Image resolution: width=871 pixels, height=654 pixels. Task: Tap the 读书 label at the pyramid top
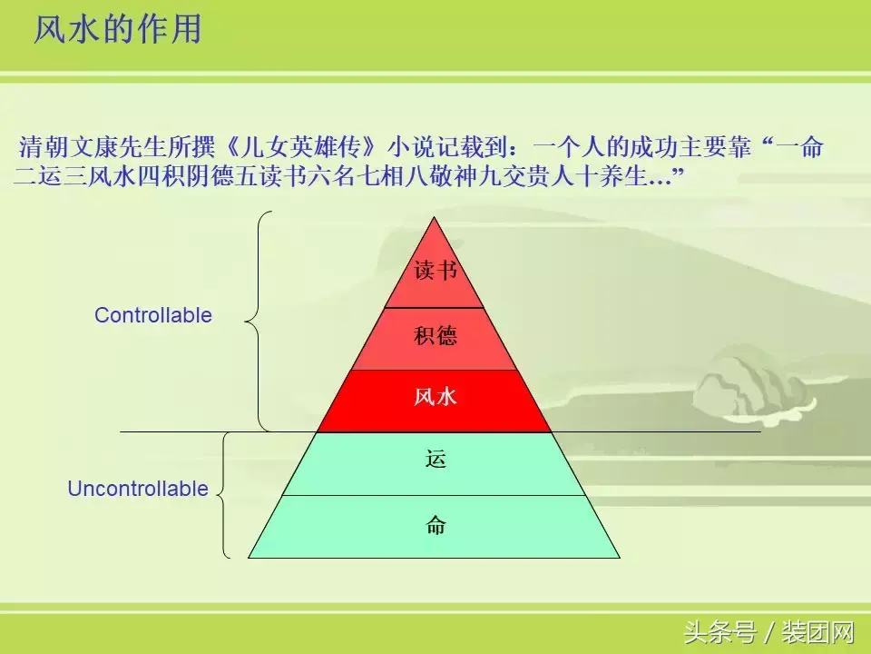click(435, 271)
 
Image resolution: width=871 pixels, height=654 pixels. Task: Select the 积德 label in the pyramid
click(435, 337)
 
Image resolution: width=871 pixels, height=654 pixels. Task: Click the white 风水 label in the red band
click(435, 397)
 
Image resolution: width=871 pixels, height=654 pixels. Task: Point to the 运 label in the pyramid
click(435, 460)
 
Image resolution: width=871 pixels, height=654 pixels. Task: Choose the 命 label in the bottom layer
click(435, 525)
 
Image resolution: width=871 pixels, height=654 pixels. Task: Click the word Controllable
click(153, 315)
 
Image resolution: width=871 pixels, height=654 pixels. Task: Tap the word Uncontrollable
click(138, 489)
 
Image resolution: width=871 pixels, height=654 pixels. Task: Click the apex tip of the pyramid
click(435, 219)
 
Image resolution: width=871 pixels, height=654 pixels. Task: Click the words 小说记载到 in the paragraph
click(439, 147)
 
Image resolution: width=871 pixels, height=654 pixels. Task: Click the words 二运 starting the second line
click(36, 176)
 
